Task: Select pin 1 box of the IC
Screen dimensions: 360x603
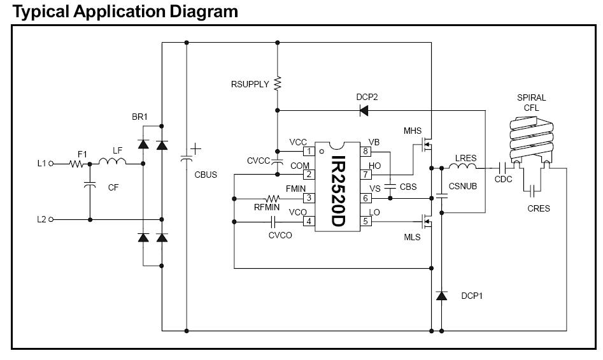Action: (x=309, y=151)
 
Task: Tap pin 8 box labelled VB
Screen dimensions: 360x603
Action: (x=366, y=151)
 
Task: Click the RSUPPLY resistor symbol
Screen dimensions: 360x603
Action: (x=277, y=83)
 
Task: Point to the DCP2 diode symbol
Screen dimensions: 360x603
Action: (x=364, y=110)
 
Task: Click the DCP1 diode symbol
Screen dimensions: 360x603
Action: (x=441, y=296)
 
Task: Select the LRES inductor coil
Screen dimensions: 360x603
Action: (x=462, y=168)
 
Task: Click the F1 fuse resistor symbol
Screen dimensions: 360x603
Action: (x=76, y=163)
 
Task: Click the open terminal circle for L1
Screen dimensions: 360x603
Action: (x=50, y=163)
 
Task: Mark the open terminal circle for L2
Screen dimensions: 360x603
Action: (x=50, y=219)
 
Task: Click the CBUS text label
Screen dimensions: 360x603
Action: (x=206, y=173)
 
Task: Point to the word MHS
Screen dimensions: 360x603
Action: (x=413, y=131)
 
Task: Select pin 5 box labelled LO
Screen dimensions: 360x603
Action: (x=366, y=221)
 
